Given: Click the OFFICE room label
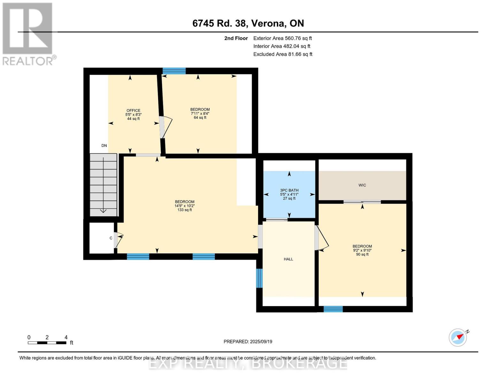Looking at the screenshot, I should pos(133,110).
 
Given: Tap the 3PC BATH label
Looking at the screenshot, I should pos(289,190).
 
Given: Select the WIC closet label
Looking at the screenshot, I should pos(362,185).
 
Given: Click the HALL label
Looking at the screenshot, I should pos(288,259).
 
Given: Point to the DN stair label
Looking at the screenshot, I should pos(104,146).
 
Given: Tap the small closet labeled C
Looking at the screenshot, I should pos(111,238).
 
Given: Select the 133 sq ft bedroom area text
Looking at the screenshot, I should pos(185,210).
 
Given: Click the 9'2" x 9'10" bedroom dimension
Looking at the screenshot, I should pos(362,250).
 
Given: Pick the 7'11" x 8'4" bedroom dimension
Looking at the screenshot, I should pos(200,113).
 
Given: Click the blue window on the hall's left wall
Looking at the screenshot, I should pos(259,278).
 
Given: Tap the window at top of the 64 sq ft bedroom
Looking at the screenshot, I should pos(174,71).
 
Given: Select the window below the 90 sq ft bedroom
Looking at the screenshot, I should pos(333,309).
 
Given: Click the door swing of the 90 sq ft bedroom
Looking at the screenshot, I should pos(322,238).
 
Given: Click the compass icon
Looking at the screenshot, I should pos(458,337).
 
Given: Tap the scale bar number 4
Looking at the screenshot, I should pos(66,337).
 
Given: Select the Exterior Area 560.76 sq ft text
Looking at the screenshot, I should pos(282,38).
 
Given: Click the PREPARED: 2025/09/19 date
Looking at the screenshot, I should pos(248,342).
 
